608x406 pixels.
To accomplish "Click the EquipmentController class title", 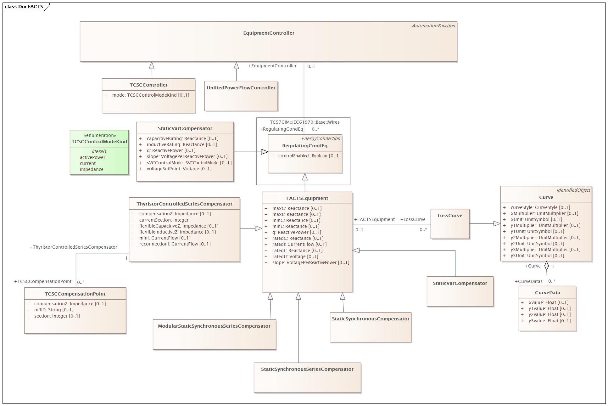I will coord(269,33).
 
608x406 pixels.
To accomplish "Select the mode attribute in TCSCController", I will coord(150,95).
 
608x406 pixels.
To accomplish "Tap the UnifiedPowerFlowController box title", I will coord(241,88).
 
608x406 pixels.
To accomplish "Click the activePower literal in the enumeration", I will coord(92,157).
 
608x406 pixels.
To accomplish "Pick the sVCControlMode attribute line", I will coord(189,163).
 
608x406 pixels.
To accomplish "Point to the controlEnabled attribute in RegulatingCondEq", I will coord(309,156).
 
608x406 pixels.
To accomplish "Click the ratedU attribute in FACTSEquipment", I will coord(295,257).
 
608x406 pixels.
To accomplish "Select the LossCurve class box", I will coord(450,224).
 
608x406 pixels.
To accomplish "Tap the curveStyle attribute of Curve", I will coord(540,207).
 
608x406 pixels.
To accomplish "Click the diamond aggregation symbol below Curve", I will coord(547,266).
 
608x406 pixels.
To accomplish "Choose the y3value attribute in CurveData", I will coord(549,321).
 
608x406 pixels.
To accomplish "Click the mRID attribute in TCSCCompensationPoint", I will coord(53,310).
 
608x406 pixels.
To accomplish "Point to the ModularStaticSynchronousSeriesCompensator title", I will coord(214,326).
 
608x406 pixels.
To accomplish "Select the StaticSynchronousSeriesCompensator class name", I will coord(307,369).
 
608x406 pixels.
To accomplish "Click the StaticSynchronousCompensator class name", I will coord(371,319).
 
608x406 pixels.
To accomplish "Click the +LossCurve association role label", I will coord(413,219).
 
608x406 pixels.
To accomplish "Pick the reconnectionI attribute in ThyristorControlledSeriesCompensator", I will coord(175,244).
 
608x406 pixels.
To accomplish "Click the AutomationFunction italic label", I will coord(433,26).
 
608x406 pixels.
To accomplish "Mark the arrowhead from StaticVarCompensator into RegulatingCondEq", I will coord(265,152).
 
